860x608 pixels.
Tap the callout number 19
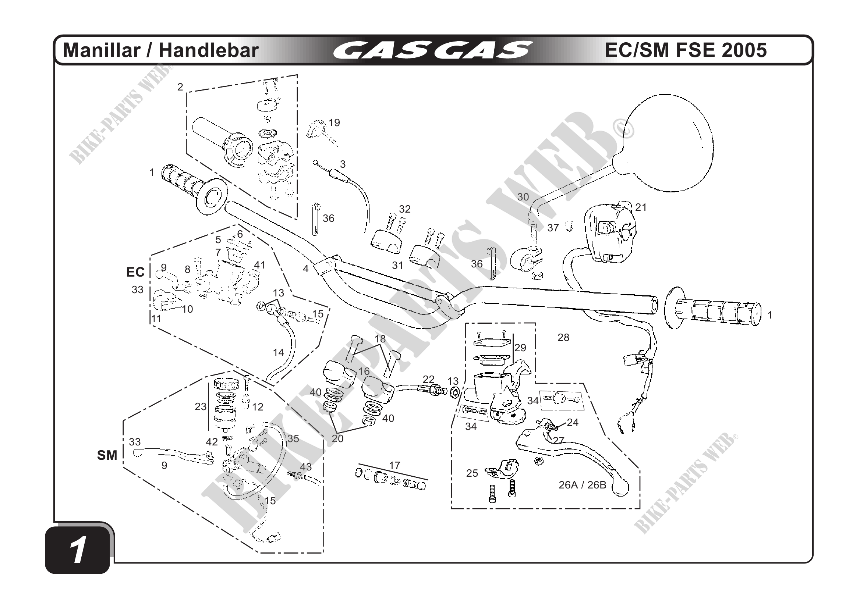pyautogui.click(x=334, y=123)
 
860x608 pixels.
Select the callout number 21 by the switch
pyautogui.click(x=641, y=207)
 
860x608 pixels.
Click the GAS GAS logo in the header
pyautogui.click(x=433, y=50)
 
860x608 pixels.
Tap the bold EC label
pyautogui.click(x=135, y=272)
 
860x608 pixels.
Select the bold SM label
pyautogui.click(x=107, y=455)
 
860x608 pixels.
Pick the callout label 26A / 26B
pyautogui.click(x=582, y=485)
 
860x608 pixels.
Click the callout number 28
pyautogui.click(x=563, y=337)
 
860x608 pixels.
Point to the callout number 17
pyautogui.click(x=394, y=465)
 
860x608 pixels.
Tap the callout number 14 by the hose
pyautogui.click(x=278, y=352)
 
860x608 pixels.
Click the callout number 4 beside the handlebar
pyautogui.click(x=306, y=269)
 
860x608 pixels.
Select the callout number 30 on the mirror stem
pyautogui.click(x=523, y=197)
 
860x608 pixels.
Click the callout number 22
pyautogui.click(x=428, y=379)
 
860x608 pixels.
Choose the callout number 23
pyautogui.click(x=201, y=406)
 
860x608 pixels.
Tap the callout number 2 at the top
pyautogui.click(x=180, y=87)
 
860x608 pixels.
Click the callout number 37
pyautogui.click(x=553, y=228)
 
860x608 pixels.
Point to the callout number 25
pyautogui.click(x=472, y=473)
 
